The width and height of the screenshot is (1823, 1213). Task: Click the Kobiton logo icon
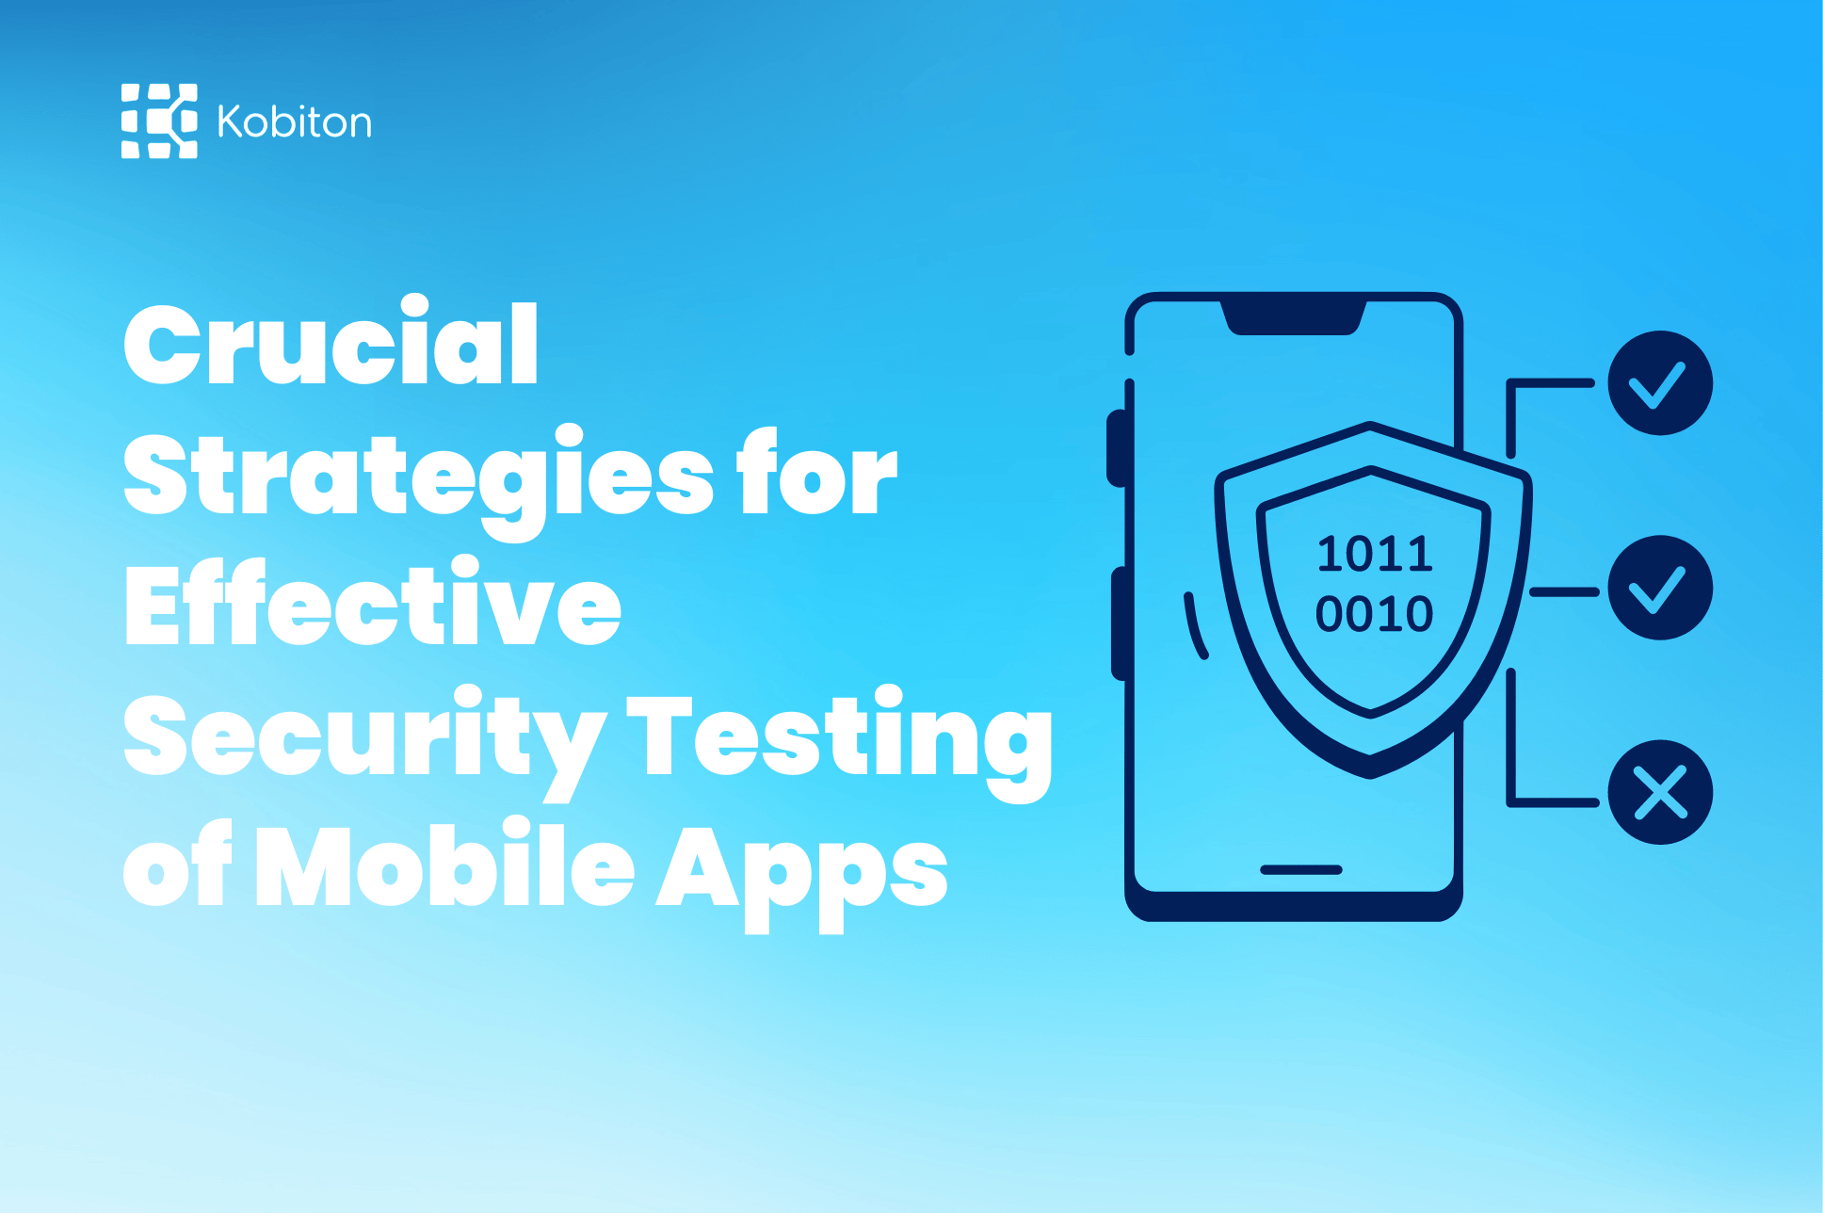[x=159, y=121]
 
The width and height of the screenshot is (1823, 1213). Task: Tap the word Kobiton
[x=294, y=122]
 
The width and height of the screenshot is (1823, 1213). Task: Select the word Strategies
[x=418, y=477]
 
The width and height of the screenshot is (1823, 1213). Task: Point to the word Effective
[x=373, y=605]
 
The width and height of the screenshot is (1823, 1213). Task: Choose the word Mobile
[x=444, y=866]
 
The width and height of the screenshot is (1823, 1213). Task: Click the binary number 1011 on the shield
[x=1375, y=554]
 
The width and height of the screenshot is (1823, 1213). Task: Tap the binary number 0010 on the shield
[x=1374, y=614]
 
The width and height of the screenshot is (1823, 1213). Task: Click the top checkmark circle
[x=1659, y=383]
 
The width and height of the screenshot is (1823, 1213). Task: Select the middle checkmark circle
[x=1659, y=589]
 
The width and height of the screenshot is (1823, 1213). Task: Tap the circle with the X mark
[x=1659, y=792]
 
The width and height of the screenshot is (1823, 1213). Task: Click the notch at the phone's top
[x=1294, y=317]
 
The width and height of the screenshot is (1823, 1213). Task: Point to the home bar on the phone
[x=1300, y=869]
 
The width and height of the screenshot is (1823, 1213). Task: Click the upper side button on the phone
[x=1117, y=448]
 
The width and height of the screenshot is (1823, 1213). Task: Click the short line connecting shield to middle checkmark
[x=1564, y=592]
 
